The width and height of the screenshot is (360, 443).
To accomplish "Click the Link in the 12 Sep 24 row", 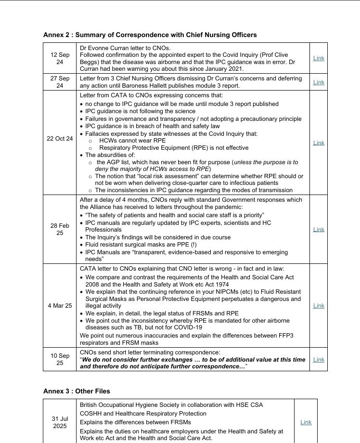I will (x=319, y=58).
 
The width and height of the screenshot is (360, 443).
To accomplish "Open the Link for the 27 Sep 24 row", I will (x=319, y=82).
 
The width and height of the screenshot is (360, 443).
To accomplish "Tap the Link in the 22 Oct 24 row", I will (x=319, y=143).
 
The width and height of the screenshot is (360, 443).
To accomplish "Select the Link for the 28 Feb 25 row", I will (x=319, y=230).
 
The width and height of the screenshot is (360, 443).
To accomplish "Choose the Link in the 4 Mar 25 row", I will (x=319, y=306).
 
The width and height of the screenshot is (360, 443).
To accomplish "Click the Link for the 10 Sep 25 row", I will (x=319, y=360).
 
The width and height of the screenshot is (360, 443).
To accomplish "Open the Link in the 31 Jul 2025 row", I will (x=306, y=422).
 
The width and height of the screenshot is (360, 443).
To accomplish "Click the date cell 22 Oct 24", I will (x=60, y=139).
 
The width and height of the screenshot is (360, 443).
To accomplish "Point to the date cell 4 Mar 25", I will (x=60, y=306).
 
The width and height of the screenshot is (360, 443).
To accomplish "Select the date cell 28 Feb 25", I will (x=60, y=229).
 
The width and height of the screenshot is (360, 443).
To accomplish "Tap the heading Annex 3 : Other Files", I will (x=77, y=391).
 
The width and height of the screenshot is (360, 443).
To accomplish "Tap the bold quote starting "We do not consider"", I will (x=193, y=360).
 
